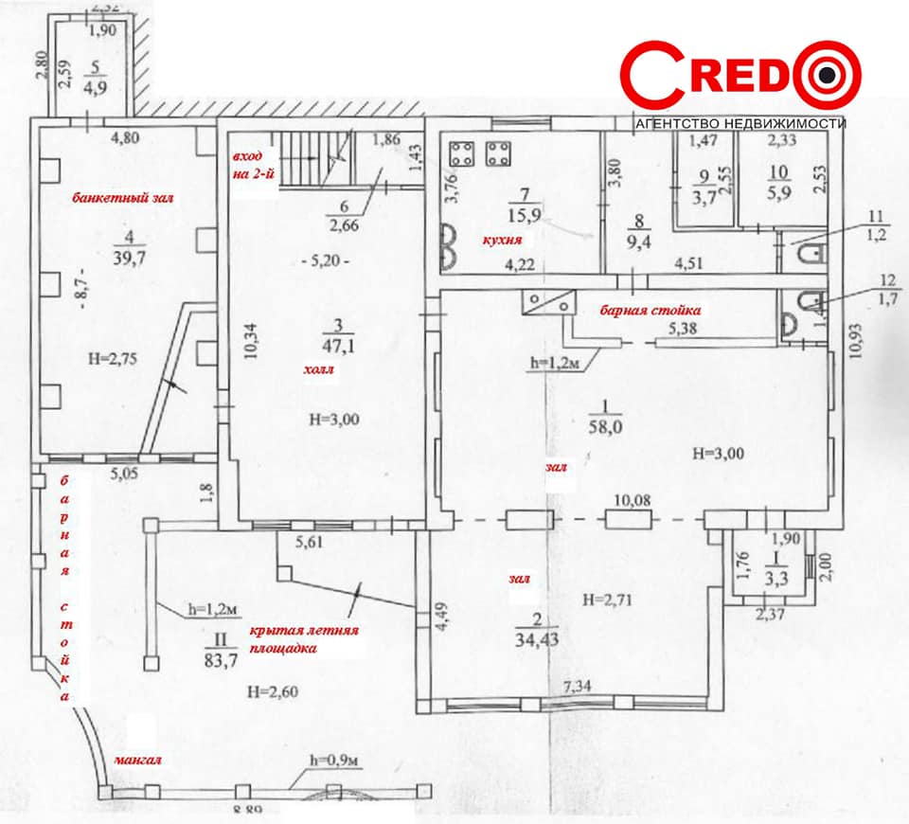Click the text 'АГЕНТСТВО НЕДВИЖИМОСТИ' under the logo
click(x=740, y=123)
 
